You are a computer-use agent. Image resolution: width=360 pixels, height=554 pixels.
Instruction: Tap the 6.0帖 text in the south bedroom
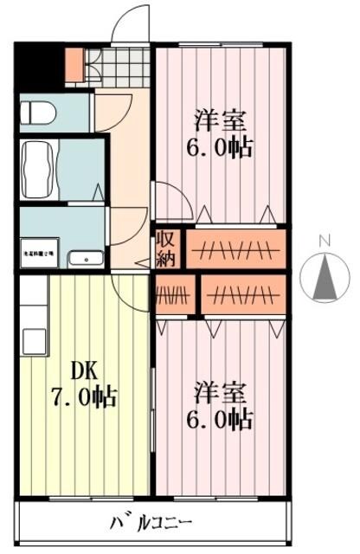tap(221, 420)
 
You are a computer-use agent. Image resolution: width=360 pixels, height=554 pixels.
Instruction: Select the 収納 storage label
tap(166, 248)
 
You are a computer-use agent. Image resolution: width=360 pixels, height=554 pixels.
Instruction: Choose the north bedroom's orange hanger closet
tap(235, 248)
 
